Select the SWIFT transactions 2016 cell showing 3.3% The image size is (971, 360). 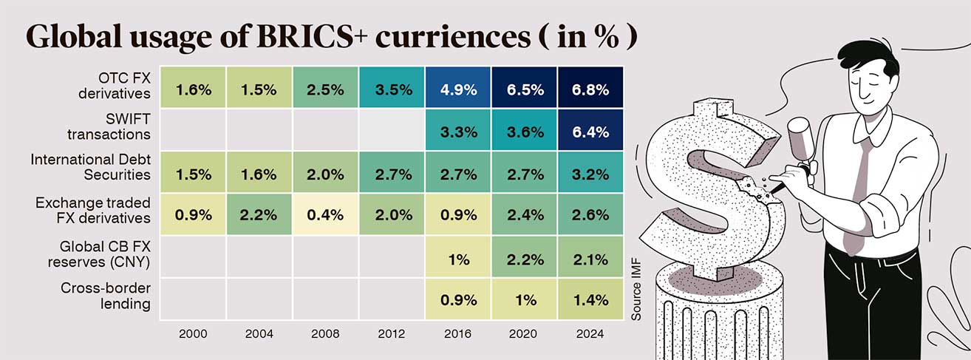(458, 132)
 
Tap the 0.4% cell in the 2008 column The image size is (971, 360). (326, 216)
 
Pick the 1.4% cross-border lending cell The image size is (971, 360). (591, 299)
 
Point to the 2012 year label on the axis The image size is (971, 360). (392, 334)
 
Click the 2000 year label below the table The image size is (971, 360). (194, 334)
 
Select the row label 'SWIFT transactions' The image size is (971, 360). (119, 127)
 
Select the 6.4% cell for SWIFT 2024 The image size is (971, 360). (591, 132)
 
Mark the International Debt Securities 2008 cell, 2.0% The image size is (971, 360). (326, 174)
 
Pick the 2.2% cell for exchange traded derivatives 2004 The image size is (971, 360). (259, 216)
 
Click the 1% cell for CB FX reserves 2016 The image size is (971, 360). (458, 259)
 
